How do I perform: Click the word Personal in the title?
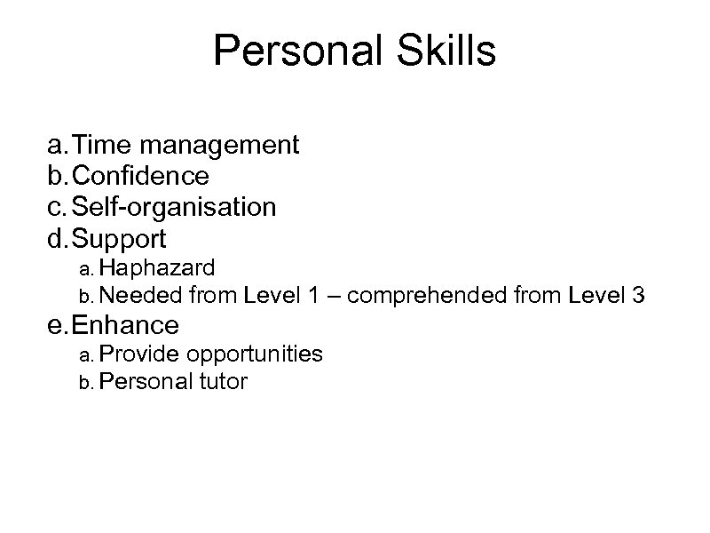[x=289, y=52]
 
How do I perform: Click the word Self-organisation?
[x=174, y=208]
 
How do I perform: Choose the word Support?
[x=119, y=239]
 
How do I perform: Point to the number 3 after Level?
[x=638, y=294]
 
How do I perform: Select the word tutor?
[x=225, y=382]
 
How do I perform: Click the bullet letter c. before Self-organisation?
[x=58, y=208]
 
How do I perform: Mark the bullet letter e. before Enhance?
[x=58, y=324]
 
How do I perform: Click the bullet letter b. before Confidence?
[x=58, y=176]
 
